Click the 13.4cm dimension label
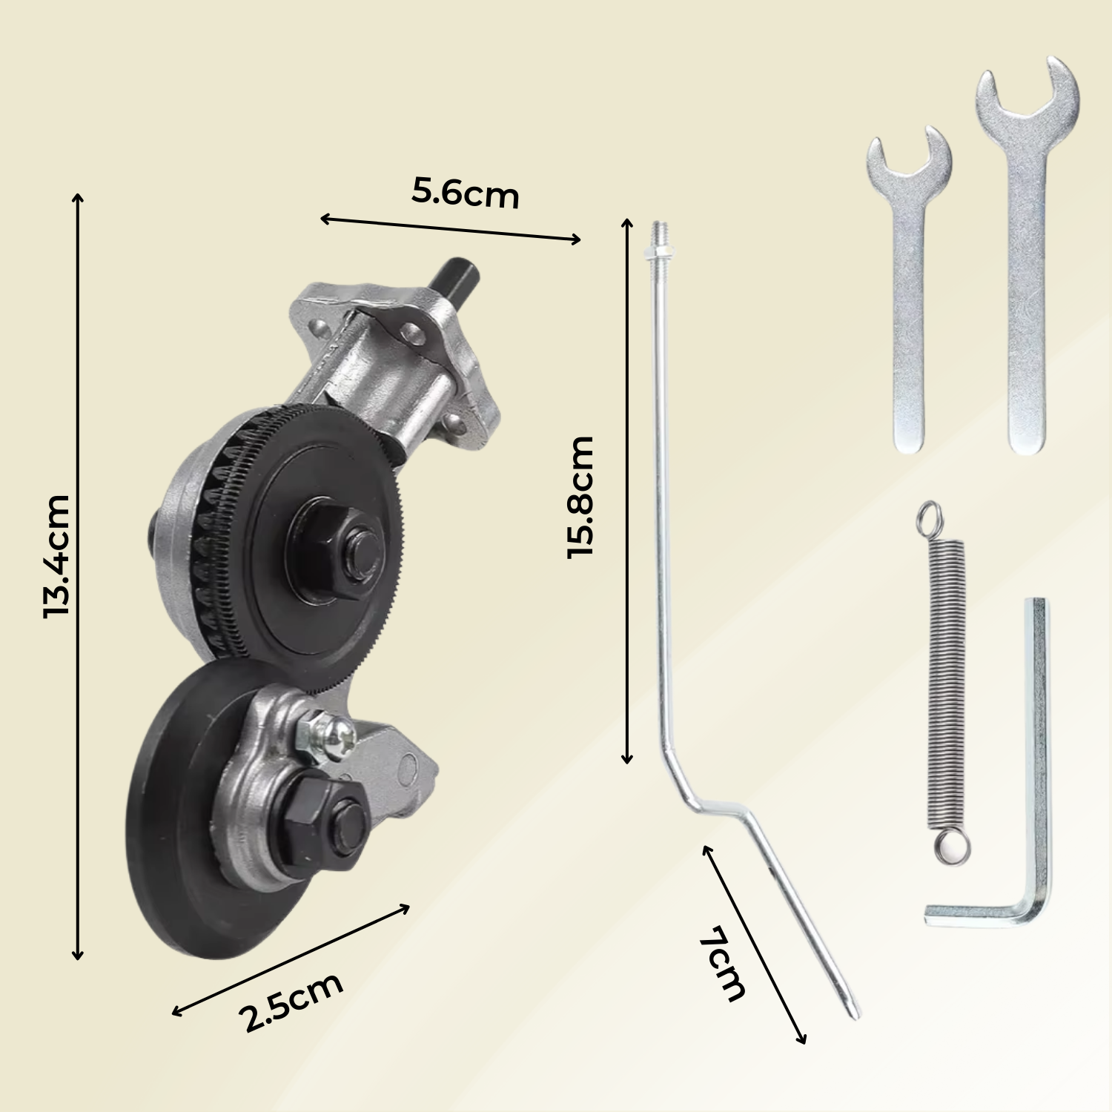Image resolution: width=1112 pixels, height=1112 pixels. [56, 556]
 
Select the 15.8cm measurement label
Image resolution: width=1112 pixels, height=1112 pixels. [580, 497]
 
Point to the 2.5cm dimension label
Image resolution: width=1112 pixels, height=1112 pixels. [293, 1001]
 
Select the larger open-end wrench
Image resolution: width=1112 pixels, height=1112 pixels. [1027, 282]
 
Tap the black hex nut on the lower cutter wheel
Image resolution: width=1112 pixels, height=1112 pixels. [326, 823]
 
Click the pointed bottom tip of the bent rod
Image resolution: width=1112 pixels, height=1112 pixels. [854, 1012]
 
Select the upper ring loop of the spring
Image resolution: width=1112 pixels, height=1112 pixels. [930, 516]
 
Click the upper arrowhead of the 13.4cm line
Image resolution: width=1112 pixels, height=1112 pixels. [78, 197]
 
